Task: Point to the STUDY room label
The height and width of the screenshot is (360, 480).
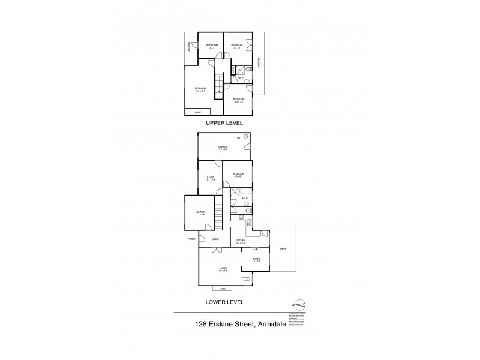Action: coord(211,177)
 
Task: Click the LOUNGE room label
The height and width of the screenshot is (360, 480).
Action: coord(200,212)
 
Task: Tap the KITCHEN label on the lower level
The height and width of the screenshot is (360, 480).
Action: coord(241,240)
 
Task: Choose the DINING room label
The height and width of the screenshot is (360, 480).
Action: coord(256,259)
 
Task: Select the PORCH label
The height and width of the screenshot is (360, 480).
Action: coord(192,239)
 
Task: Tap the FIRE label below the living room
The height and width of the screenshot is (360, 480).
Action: coord(223,289)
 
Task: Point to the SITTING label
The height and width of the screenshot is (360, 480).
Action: coord(246,278)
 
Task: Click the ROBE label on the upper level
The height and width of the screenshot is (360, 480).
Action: coord(197,112)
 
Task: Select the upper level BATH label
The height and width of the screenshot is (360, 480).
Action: coord(241,78)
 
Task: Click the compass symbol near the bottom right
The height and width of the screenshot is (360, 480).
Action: coord(299,305)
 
